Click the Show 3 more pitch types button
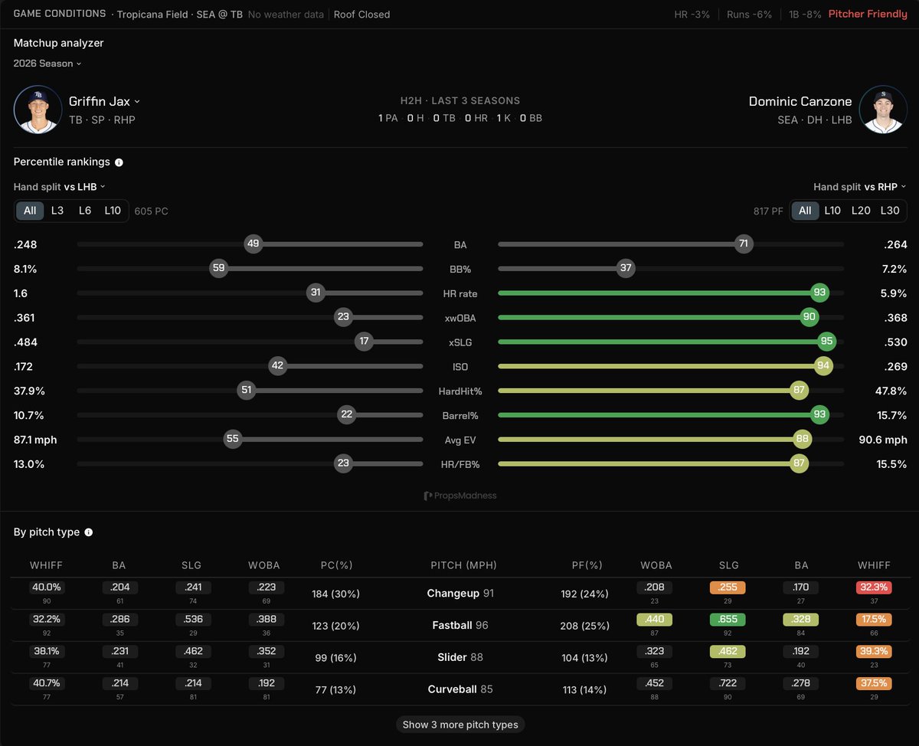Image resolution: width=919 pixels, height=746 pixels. point(460,725)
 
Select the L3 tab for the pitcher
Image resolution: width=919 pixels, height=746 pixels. point(57,211)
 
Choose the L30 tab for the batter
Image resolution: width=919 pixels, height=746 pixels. point(890,211)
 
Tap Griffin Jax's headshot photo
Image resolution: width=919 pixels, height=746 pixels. point(38,110)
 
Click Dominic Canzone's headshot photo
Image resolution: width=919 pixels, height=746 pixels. point(883,110)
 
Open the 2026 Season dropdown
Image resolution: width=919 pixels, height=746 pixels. point(47,64)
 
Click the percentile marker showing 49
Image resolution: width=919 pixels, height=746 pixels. point(253,244)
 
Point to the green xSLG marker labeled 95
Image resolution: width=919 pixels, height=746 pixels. point(826,342)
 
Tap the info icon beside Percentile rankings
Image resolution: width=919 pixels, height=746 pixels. point(119,162)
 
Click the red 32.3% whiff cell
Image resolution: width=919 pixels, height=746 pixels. point(874,587)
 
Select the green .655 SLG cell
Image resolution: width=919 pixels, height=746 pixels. point(728,619)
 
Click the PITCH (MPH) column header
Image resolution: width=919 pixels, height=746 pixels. point(463,565)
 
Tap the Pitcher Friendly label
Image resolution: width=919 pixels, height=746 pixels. point(868,15)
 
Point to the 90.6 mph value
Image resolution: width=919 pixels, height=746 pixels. point(883,440)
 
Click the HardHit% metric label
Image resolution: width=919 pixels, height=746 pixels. point(460,391)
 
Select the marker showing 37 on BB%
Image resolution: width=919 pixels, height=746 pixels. point(626,268)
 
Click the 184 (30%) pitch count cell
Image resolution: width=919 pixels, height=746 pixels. point(335,594)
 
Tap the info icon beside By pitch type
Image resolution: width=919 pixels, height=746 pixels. point(88,532)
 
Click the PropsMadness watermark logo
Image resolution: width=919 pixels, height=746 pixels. point(460,496)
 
